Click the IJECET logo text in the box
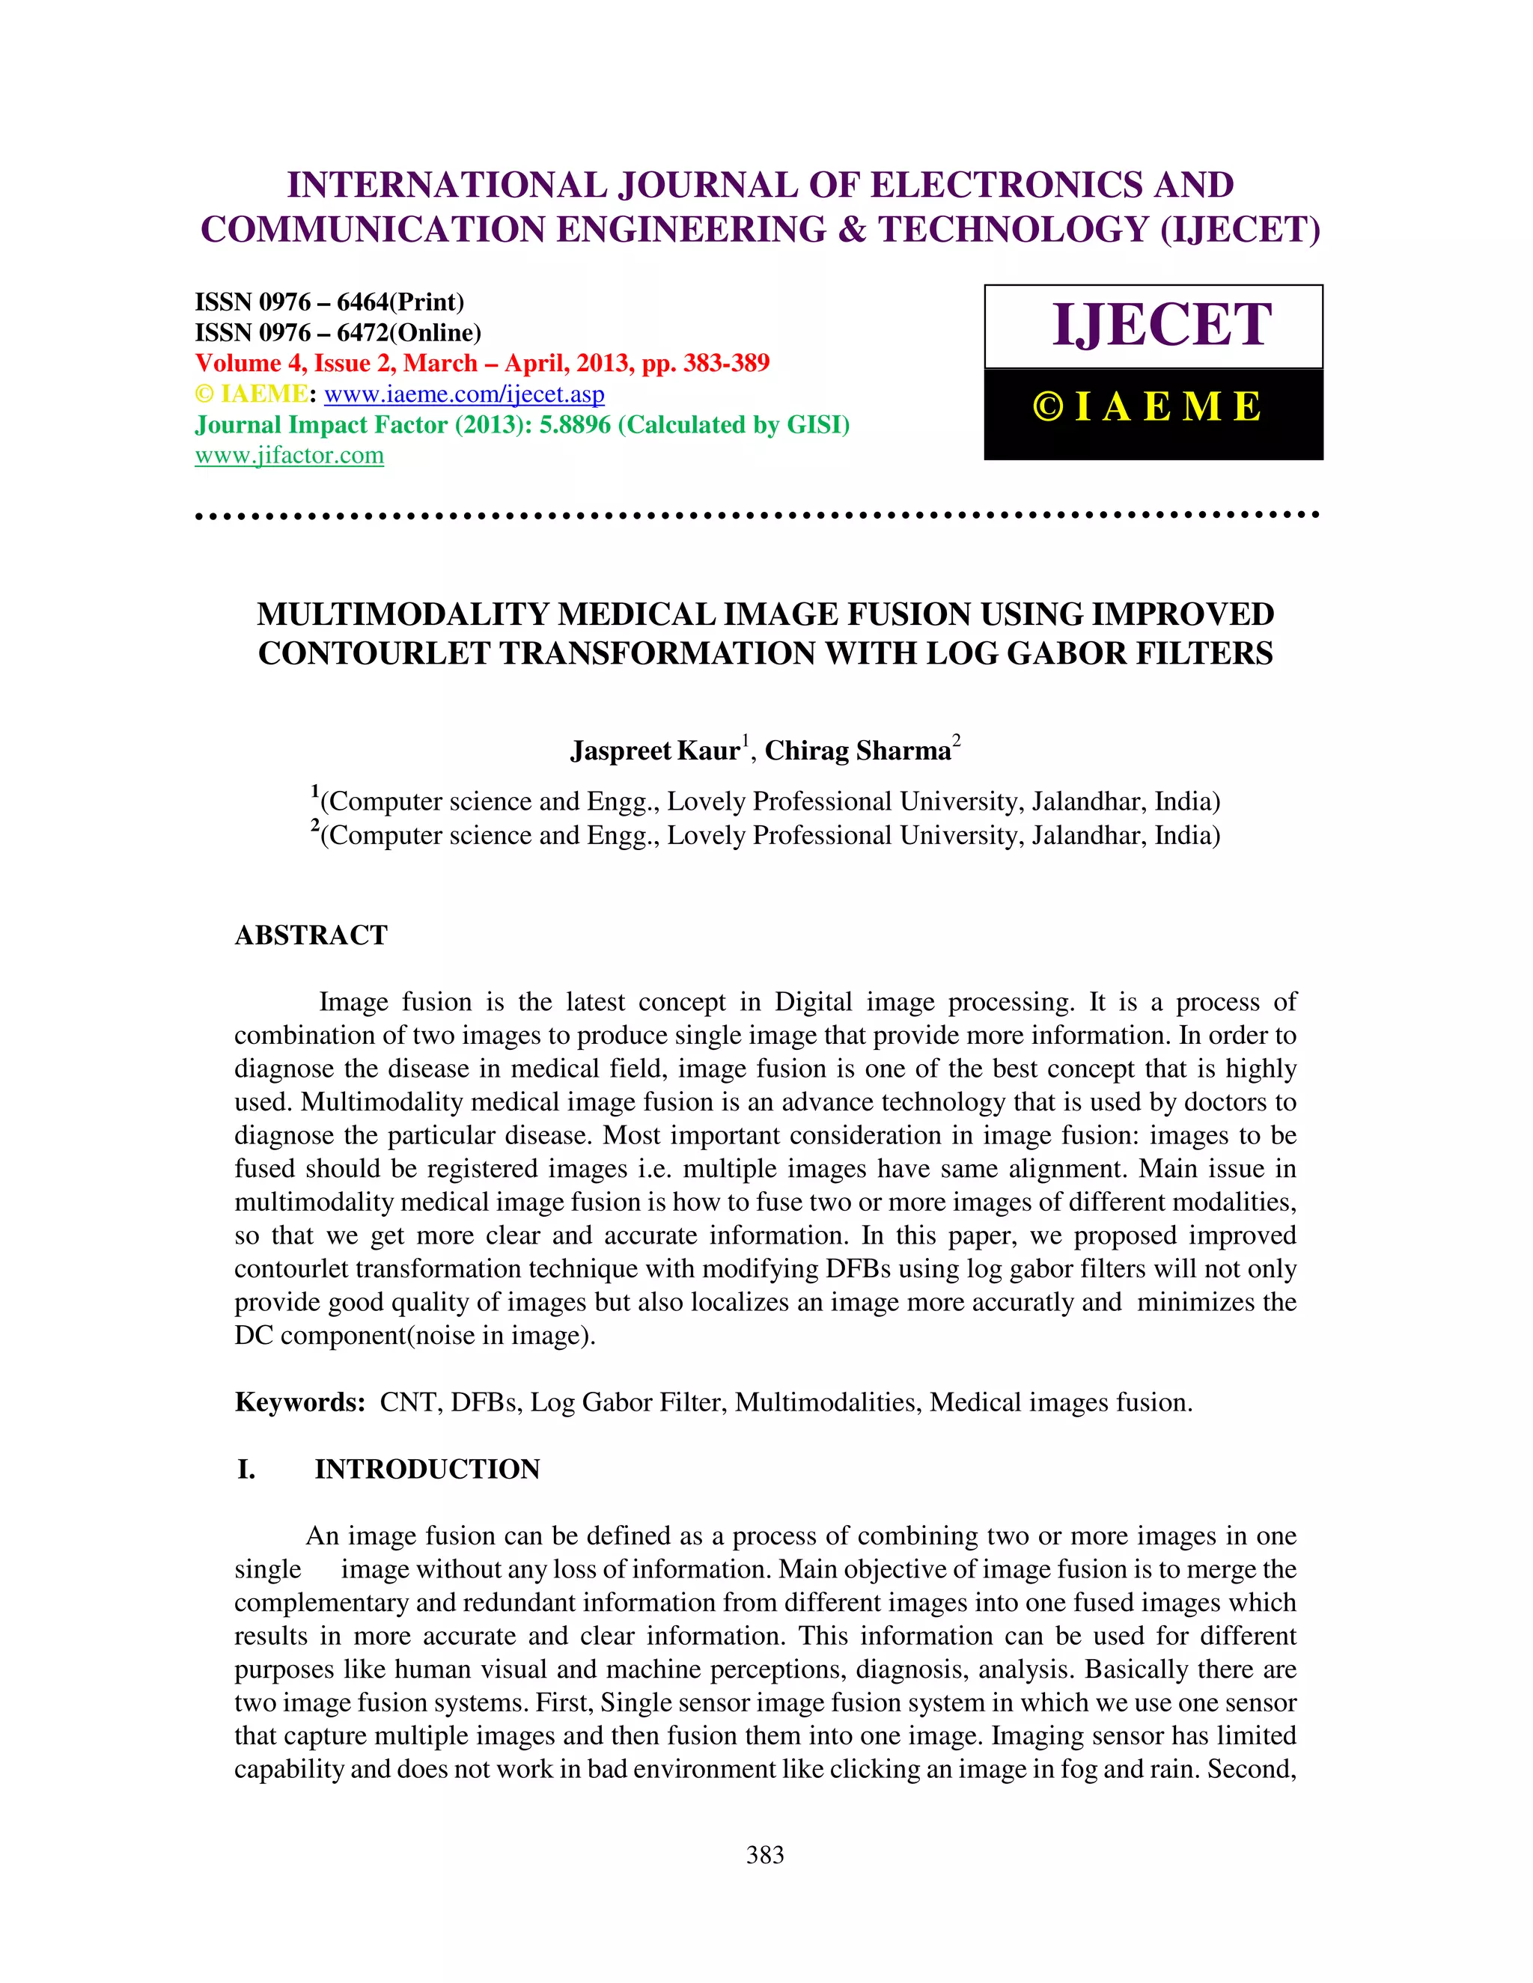pyautogui.click(x=1161, y=325)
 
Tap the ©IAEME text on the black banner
pyautogui.click(x=1148, y=407)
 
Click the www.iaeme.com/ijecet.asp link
pyautogui.click(x=464, y=394)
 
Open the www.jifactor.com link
pyautogui.click(x=289, y=455)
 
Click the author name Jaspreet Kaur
pyautogui.click(x=655, y=751)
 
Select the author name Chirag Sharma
pyautogui.click(x=857, y=751)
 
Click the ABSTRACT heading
pyautogui.click(x=311, y=935)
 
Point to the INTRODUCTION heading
pyautogui.click(x=427, y=1469)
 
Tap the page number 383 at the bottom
pyautogui.click(x=765, y=1855)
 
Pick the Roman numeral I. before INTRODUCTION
pyautogui.click(x=246, y=1469)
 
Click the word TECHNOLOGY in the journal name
pyautogui.click(x=1014, y=230)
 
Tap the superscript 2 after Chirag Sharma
pyautogui.click(x=957, y=740)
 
